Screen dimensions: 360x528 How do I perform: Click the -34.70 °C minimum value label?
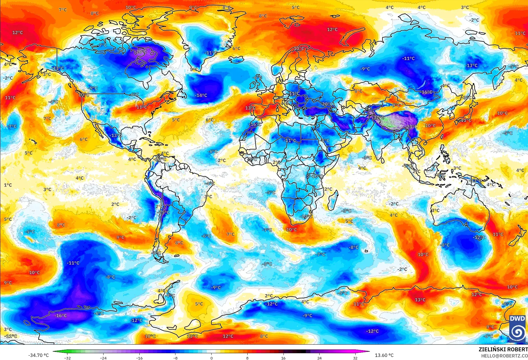pos(38,355)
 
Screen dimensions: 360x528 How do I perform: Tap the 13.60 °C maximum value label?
pos(384,355)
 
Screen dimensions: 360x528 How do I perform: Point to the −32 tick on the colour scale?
pos(67,358)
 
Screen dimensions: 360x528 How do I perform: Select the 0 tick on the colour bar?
pos(211,358)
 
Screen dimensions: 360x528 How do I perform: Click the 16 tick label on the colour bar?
pos(283,358)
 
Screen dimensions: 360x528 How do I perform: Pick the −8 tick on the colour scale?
pos(175,358)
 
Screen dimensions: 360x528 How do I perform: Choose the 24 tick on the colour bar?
pos(319,358)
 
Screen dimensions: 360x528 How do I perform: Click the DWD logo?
pos(517,328)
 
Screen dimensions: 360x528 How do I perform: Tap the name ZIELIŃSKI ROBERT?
pos(503,349)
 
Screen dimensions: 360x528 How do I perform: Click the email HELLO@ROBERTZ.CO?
pos(504,356)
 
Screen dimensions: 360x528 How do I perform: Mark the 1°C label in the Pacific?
pos(8,185)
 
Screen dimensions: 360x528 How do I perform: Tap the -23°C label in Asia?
pos(411,127)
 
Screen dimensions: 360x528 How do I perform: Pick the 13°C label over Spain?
pos(250,108)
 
